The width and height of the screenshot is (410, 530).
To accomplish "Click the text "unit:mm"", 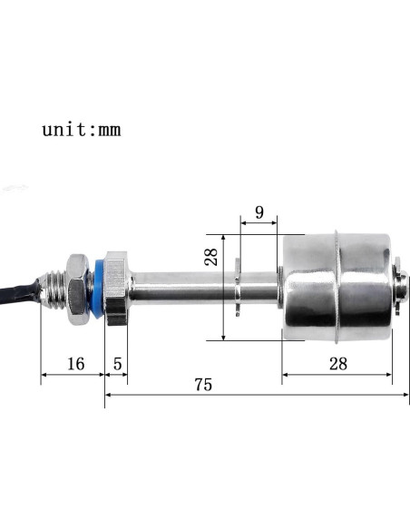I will coord(81,129).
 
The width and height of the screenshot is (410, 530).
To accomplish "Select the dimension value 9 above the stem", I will coord(259,213).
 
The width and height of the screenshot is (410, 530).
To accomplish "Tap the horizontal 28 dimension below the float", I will coord(338,364).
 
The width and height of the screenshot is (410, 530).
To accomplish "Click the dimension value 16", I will coord(75,364).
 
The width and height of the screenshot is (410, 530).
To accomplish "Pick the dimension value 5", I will coord(117,364).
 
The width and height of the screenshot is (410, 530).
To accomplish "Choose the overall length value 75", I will coord(202,385).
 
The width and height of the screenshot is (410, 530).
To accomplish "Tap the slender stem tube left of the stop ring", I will coord(181,287).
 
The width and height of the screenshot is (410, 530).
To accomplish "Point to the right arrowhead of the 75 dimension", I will coord(405,395).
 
